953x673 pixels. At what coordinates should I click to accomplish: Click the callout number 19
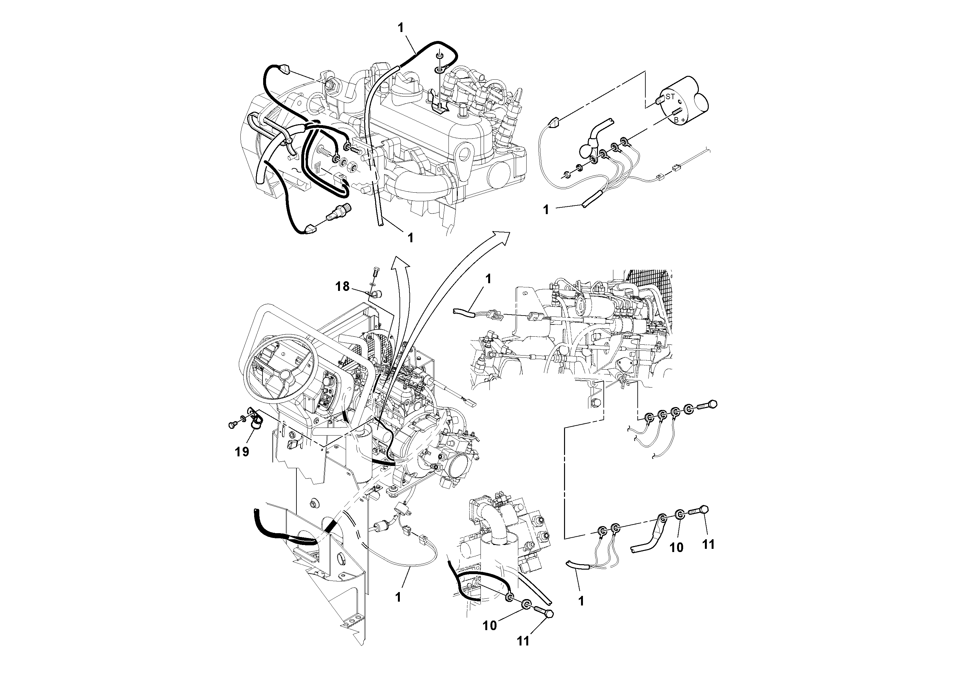(242, 452)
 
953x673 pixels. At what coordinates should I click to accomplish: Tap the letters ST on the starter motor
(670, 97)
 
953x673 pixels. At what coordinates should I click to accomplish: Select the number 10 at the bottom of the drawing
(490, 626)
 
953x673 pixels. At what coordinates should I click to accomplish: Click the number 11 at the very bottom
(523, 641)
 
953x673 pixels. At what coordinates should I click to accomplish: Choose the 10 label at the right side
(676, 548)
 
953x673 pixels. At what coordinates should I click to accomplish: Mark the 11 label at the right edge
(708, 544)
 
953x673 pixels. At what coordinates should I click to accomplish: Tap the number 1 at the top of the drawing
(400, 28)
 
